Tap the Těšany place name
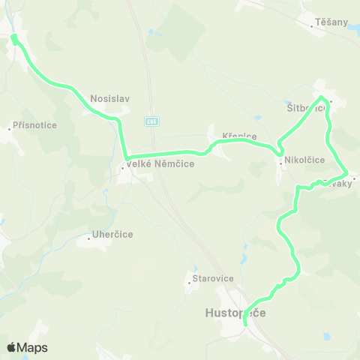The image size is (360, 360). pyautogui.click(x=332, y=22)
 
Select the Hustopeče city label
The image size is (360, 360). pyautogui.click(x=235, y=312)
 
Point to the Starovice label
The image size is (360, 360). pyautogui.click(x=214, y=278)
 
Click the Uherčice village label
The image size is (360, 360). pyautogui.click(x=112, y=235)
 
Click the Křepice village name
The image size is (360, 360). pyautogui.click(x=240, y=136)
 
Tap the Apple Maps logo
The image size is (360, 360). pyautogui.click(x=27, y=347)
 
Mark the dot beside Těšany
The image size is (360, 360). pyautogui.click(x=313, y=25)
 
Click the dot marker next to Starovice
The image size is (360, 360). pyautogui.click(x=189, y=282)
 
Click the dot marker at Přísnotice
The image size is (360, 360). pyautogui.click(x=10, y=128)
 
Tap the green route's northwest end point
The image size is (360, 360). pyautogui.click(x=13, y=37)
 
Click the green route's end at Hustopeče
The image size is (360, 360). pyautogui.click(x=246, y=324)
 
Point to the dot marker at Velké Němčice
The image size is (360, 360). pyautogui.click(x=122, y=168)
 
